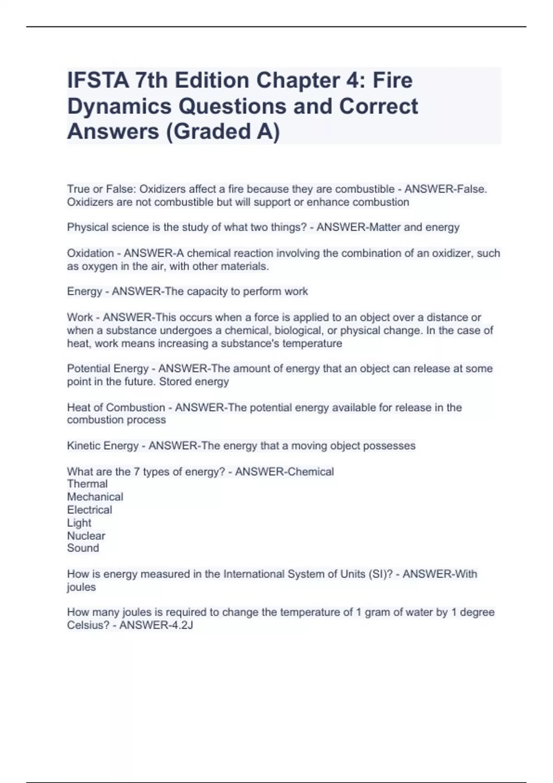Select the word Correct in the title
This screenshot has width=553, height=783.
tap(378, 106)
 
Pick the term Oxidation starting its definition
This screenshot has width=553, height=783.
tap(90, 253)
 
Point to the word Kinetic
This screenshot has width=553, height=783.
tap(83, 446)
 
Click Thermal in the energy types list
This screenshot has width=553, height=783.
tap(87, 484)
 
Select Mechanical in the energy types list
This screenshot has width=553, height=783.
tap(95, 497)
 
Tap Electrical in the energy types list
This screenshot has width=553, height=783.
tap(89, 510)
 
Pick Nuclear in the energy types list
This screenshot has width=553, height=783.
tap(86, 536)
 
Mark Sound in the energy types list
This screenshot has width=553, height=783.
tap(83, 548)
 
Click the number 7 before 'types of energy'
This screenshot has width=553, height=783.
tap(136, 472)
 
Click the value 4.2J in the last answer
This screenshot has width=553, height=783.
tap(180, 625)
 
